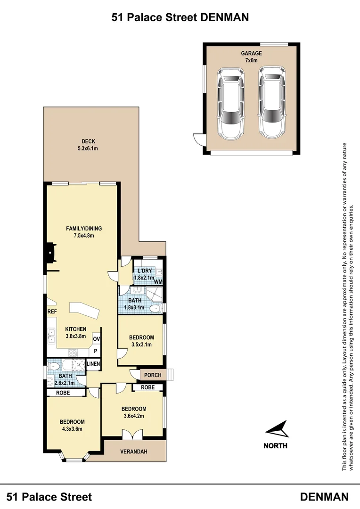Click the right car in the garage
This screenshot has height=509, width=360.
pyautogui.click(x=272, y=102)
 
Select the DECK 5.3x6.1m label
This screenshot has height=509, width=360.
pyautogui.click(x=88, y=145)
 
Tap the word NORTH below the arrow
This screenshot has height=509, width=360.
pyautogui.click(x=275, y=445)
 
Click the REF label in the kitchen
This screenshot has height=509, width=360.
pyautogui.click(x=52, y=312)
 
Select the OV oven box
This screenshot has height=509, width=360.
pyautogui.click(x=96, y=339)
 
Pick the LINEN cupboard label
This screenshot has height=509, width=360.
pyautogui.click(x=93, y=364)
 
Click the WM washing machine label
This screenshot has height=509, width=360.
pyautogui.click(x=158, y=282)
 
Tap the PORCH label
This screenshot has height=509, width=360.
pyautogui.click(x=153, y=375)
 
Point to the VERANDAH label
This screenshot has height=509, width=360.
pyautogui.click(x=133, y=452)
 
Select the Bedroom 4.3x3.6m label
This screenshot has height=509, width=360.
pyautogui.click(x=72, y=425)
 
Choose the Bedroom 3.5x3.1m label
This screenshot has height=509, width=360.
pyautogui.click(x=141, y=341)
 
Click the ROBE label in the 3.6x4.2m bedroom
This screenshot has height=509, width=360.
pyautogui.click(x=147, y=387)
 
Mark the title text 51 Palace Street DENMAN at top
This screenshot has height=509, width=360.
pyautogui.click(x=180, y=17)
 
